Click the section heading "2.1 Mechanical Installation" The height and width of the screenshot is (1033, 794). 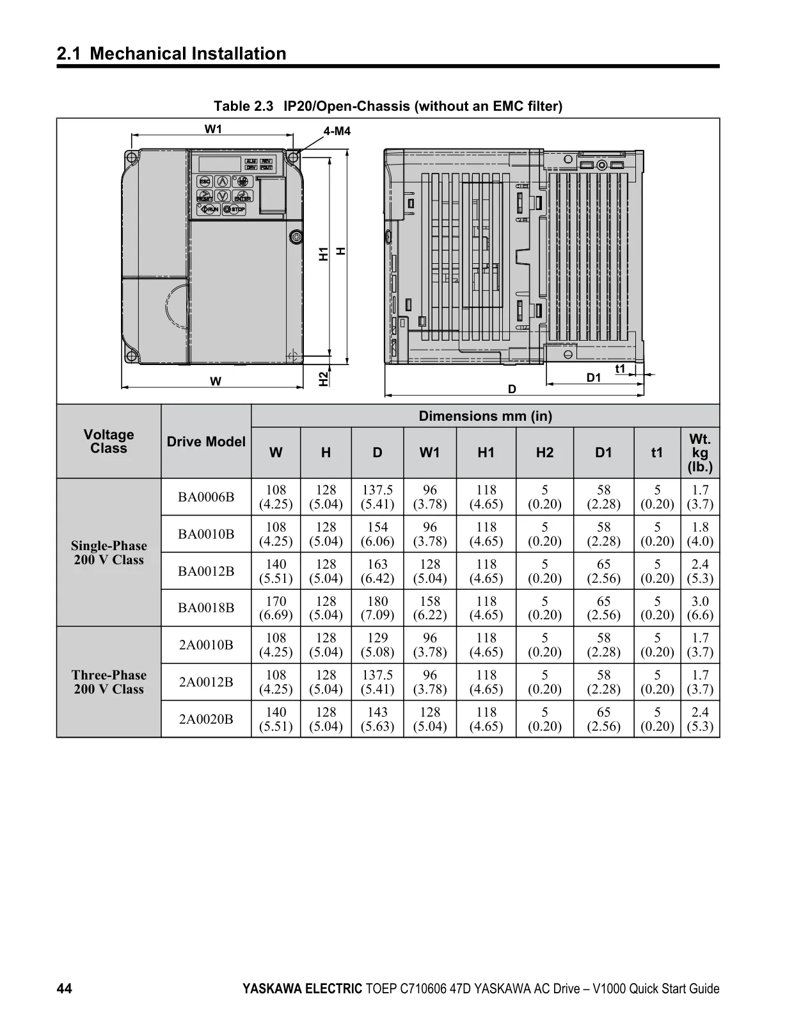tap(171, 54)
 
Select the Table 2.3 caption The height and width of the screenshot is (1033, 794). tap(388, 106)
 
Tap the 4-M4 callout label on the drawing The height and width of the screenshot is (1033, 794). tap(337, 131)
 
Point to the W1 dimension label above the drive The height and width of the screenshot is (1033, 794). tap(213, 129)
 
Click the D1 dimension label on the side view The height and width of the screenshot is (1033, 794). tap(594, 377)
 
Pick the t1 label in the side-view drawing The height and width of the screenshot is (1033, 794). tap(620, 369)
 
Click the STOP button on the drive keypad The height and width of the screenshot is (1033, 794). tap(234, 209)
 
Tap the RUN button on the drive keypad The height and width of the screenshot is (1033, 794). tap(209, 209)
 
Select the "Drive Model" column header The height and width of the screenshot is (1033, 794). tap(206, 442)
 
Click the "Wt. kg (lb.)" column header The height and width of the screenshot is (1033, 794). tap(700, 453)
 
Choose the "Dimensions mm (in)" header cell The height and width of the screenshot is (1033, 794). tap(486, 416)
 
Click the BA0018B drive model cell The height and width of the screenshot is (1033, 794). tap(206, 608)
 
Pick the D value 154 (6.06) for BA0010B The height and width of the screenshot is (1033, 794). tap(377, 534)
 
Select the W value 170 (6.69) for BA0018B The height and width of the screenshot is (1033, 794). tap(276, 608)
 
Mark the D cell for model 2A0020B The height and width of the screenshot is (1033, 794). tap(377, 719)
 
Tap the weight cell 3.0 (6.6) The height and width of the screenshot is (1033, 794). tap(701, 608)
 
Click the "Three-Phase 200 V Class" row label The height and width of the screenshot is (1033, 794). tap(109, 682)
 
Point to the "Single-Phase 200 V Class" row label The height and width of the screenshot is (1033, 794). tap(109, 553)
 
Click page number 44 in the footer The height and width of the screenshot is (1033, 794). tap(65, 989)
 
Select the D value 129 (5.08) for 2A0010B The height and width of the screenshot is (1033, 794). tap(377, 645)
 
